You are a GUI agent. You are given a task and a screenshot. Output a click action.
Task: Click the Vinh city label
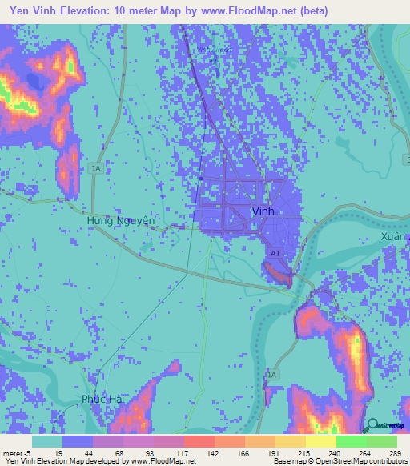(x=263, y=211)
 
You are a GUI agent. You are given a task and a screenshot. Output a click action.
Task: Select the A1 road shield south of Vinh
(x=275, y=253)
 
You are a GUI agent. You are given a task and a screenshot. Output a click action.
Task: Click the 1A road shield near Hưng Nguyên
(x=96, y=169)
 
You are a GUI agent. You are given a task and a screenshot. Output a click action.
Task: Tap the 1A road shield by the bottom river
(x=272, y=375)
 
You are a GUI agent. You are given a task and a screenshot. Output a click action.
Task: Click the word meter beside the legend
(x=13, y=453)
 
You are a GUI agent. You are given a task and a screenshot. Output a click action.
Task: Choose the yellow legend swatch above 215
(x=290, y=441)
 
